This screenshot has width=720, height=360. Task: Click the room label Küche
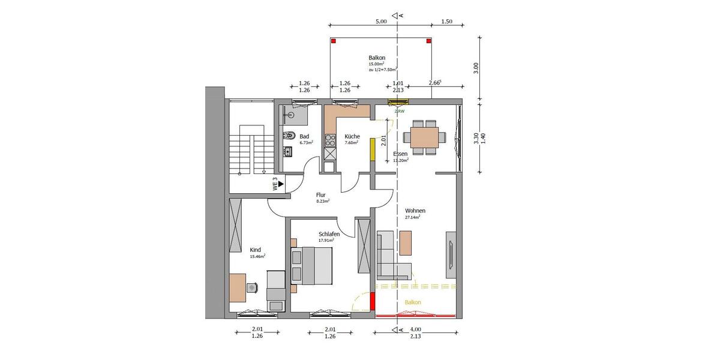tap(352, 136)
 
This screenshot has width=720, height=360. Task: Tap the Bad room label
tap(305, 136)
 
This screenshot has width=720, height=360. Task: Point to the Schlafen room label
tap(329, 234)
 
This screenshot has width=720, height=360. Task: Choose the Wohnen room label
tap(415, 211)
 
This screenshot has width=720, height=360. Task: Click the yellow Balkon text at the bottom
tap(413, 302)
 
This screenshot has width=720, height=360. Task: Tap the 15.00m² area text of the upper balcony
tap(376, 64)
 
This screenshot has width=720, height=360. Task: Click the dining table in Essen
tap(424, 137)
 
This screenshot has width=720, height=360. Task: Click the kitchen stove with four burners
tap(329, 141)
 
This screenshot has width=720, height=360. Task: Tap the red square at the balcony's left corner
tap(334, 41)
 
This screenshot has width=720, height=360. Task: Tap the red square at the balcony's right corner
tap(428, 41)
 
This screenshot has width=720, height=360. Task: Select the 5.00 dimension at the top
tap(381, 21)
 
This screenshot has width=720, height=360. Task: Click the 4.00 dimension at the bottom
tap(416, 329)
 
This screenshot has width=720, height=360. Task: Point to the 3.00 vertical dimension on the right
tap(476, 67)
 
